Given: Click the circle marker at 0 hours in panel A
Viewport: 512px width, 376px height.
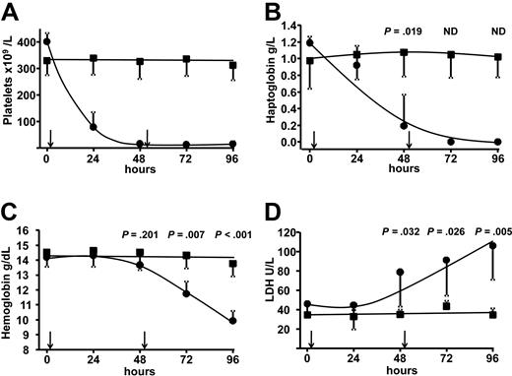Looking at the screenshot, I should tap(47, 42).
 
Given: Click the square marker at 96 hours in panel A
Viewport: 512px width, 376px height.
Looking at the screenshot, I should tap(231, 66).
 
